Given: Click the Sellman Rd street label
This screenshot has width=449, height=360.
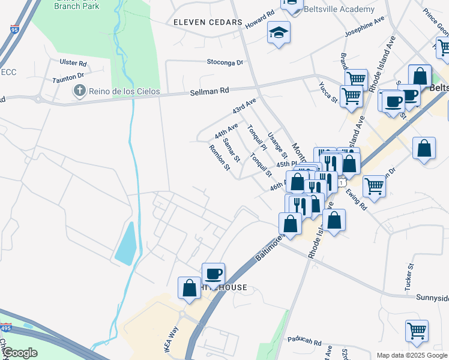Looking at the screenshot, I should (209, 91).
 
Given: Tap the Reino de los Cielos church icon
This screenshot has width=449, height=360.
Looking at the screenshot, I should (79, 91).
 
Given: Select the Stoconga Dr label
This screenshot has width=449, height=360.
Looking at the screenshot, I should (224, 62).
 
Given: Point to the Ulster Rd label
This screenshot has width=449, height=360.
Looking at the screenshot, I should (73, 63).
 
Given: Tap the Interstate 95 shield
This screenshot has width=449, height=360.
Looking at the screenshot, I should (14, 29).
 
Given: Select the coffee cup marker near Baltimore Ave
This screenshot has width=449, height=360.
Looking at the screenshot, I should (213, 274).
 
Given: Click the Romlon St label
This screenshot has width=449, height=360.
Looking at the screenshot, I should (220, 157).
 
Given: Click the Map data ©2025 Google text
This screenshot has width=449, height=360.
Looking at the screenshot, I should (412, 355).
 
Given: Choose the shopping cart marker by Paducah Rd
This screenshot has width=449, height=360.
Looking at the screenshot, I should (417, 331).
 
